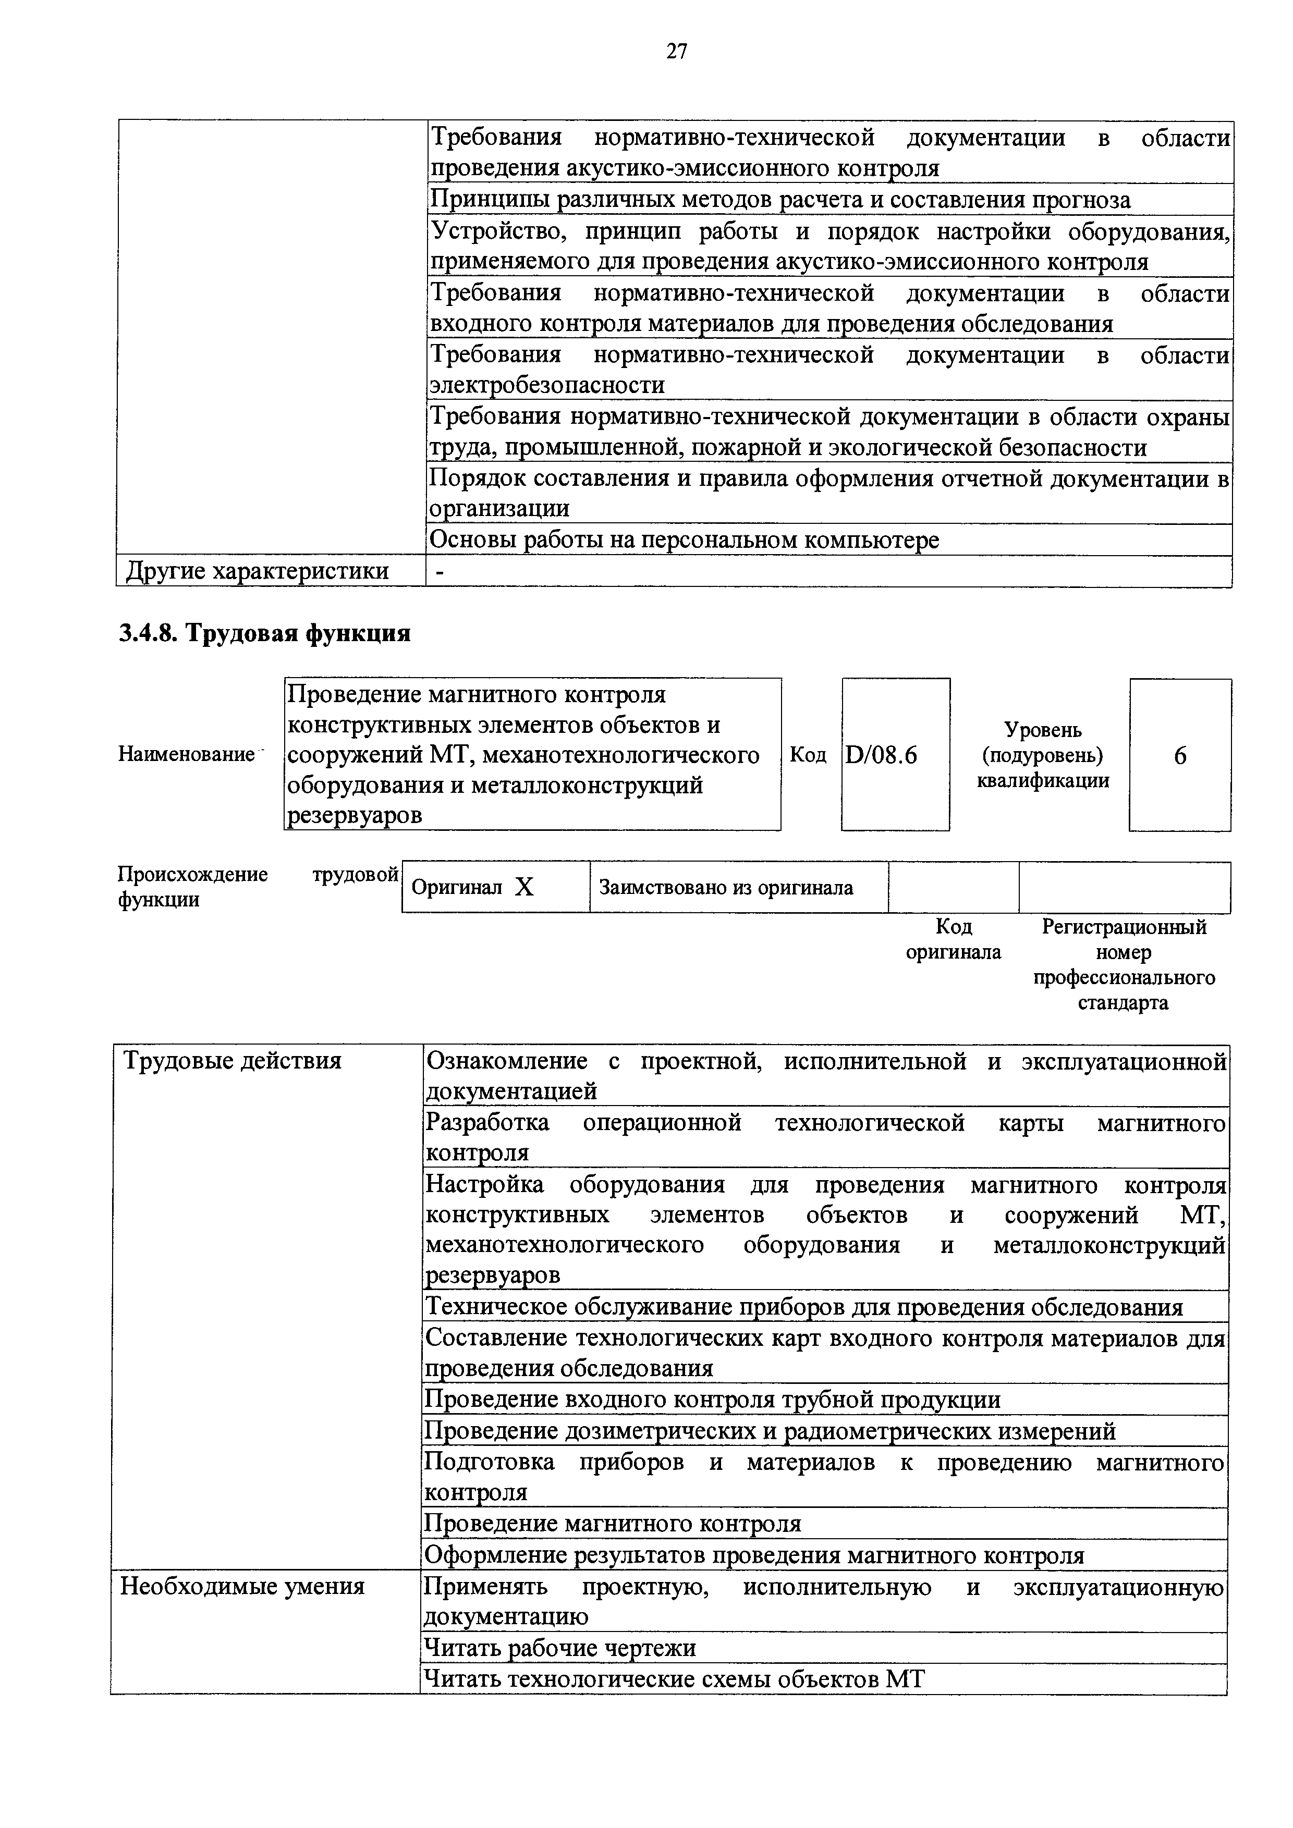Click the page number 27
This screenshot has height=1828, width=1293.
click(x=676, y=53)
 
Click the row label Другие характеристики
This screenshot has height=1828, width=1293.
click(x=257, y=571)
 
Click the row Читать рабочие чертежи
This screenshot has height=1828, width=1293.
click(x=560, y=1648)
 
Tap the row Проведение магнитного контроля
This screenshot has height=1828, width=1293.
click(x=612, y=1524)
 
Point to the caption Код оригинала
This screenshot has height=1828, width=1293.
click(x=953, y=939)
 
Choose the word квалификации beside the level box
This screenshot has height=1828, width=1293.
click(x=1042, y=781)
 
